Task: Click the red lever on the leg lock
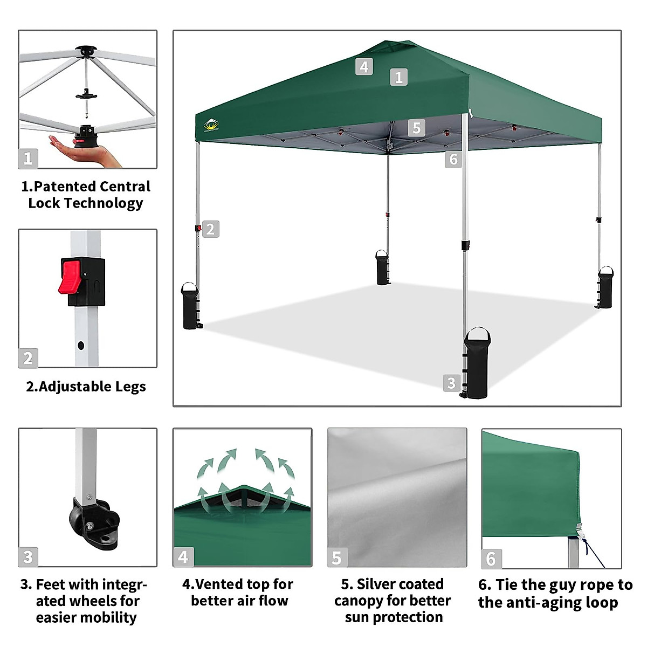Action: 70,277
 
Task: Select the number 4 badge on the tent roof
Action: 364,66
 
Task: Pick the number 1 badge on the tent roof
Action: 398,77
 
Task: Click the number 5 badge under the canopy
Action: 416,128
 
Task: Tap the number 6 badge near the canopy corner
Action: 453,159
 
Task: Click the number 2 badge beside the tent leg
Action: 210,229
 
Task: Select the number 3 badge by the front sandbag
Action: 451,383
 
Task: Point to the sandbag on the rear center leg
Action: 382,267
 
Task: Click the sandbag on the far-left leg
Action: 190,306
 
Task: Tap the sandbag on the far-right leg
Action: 605,288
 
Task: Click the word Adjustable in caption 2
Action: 68,387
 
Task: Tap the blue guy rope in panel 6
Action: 593,553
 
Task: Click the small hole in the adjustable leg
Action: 81,344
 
